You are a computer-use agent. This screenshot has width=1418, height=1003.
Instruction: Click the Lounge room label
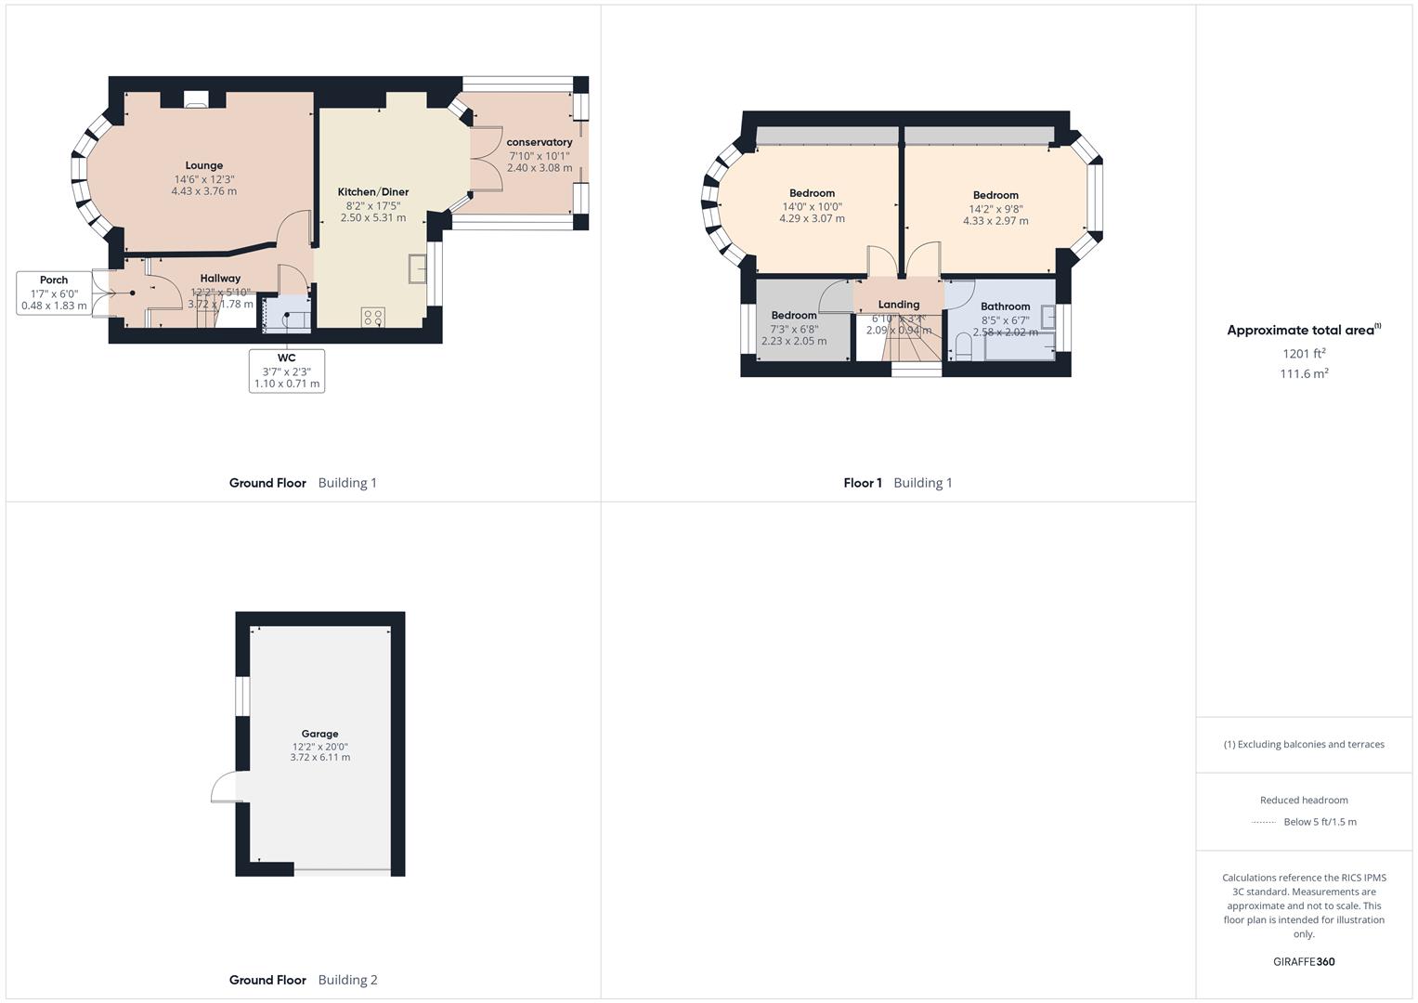pyautogui.click(x=203, y=165)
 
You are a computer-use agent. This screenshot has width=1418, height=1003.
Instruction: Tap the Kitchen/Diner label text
pyautogui.click(x=372, y=192)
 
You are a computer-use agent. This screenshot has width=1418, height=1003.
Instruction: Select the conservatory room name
pyautogui.click(x=539, y=142)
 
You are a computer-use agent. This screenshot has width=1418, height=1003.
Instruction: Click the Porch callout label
pyautogui.click(x=54, y=280)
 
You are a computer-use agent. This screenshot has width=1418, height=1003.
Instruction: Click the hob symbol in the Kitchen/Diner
pyautogui.click(x=372, y=318)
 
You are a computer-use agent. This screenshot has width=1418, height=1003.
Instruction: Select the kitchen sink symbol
pyautogui.click(x=416, y=268)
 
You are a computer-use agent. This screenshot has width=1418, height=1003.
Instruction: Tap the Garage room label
pyautogui.click(x=319, y=734)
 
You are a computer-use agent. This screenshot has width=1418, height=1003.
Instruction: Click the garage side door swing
pyautogui.click(x=224, y=788)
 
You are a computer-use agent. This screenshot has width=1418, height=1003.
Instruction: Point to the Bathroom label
pyautogui.click(x=1005, y=306)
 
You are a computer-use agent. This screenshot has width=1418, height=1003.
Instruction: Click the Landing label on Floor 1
pyautogui.click(x=898, y=305)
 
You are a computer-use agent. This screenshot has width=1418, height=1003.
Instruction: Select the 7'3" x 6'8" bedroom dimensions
pyautogui.click(x=793, y=329)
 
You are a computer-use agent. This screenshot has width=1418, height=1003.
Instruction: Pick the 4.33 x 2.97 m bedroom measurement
pyautogui.click(x=995, y=221)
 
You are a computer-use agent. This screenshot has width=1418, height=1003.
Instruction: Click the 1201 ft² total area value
pyautogui.click(x=1304, y=354)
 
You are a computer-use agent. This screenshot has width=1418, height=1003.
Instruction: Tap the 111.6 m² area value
pyautogui.click(x=1304, y=373)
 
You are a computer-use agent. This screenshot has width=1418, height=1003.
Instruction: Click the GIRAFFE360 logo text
pyautogui.click(x=1304, y=961)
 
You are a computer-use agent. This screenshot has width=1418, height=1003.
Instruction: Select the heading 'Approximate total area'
pyautogui.click(x=1300, y=331)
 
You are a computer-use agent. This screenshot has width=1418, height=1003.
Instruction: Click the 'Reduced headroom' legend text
pyautogui.click(x=1304, y=800)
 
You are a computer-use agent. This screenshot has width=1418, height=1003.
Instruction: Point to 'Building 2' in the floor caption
pyautogui.click(x=347, y=980)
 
